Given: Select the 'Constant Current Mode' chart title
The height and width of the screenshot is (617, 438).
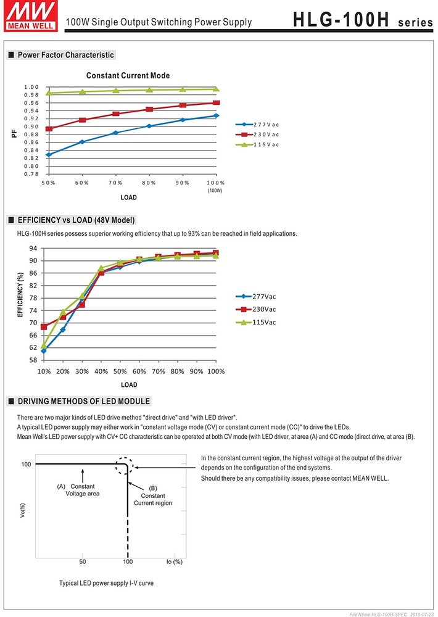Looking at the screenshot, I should coord(128,76).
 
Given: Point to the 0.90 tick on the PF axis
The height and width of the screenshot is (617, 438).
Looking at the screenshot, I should coord(31,126).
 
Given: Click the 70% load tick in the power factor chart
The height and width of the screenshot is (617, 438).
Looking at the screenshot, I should coord(115,183).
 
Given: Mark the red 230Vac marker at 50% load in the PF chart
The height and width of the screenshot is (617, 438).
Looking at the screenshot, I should coord(49,129).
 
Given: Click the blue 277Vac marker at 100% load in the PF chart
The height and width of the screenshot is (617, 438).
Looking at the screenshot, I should coord(216,115).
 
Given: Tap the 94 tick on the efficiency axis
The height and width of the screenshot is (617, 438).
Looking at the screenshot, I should coord(33,248).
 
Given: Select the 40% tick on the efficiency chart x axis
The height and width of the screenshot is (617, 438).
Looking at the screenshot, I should coord(101,371).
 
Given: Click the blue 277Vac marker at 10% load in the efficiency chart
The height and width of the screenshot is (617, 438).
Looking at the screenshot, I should coord(44,350).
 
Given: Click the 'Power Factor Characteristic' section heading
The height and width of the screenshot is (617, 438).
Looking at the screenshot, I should coord(65,55).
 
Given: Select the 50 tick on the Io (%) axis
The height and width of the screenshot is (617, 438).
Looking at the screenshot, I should coord(83,561).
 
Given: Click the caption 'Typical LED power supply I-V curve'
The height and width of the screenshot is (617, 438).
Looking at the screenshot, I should coord(106,582).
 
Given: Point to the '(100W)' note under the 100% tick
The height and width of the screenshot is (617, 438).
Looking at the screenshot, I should coord(215,191).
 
